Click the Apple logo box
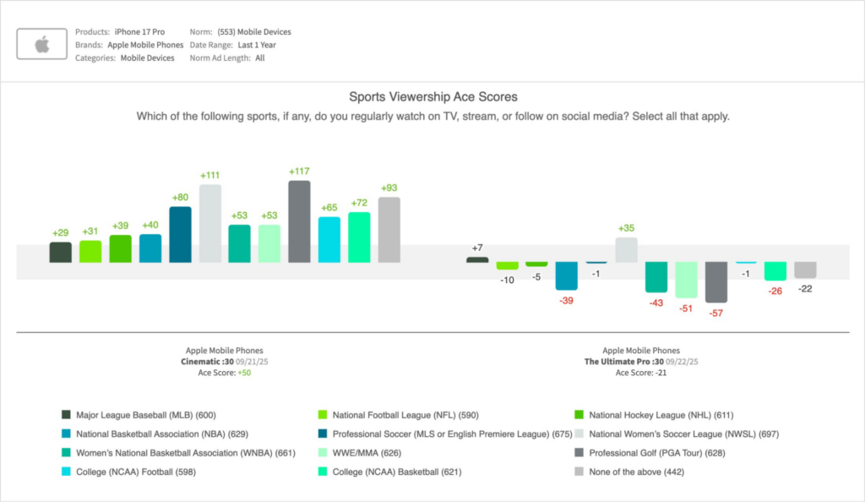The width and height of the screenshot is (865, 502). point(42,45)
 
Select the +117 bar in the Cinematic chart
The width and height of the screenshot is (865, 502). point(299,221)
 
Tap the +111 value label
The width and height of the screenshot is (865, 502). point(210,175)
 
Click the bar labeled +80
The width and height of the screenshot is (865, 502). point(180,234)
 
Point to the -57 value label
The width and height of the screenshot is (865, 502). point(716,313)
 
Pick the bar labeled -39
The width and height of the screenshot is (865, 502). point(566,276)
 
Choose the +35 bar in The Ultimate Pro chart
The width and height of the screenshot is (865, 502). point(626,249)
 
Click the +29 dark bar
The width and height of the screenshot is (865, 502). point(61,252)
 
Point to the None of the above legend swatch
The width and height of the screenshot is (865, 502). point(579,472)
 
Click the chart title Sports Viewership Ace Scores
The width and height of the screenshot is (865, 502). point(432,97)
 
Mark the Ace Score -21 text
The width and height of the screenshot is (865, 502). point(640,372)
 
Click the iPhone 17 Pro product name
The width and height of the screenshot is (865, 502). point(139,32)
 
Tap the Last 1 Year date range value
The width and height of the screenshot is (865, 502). point(257,45)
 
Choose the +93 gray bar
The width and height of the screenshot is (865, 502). point(389,230)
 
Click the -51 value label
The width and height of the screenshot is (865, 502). point(686,308)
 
